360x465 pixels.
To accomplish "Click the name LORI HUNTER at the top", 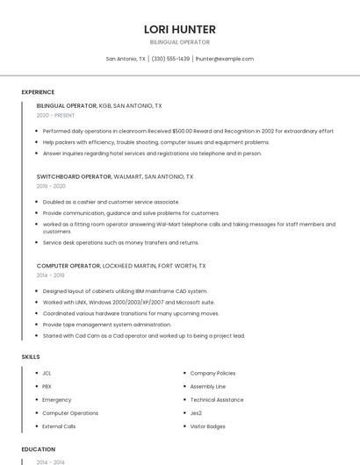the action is click(180, 29).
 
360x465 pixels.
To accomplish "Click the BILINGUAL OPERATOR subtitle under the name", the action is click(180, 41).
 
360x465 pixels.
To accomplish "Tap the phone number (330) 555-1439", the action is click(170, 59).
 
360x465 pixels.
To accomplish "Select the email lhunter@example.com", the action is click(225, 59).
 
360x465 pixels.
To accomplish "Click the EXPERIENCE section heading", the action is click(38, 92).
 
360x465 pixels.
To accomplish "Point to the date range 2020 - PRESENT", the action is click(55, 115).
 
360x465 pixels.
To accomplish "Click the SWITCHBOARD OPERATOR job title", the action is click(75, 176).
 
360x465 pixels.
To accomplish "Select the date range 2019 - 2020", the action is click(51, 186).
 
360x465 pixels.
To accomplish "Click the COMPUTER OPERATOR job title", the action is click(68, 265).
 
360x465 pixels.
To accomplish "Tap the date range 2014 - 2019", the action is click(51, 275).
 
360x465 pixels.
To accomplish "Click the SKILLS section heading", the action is click(30, 356).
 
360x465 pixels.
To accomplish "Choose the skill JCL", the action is click(47, 373).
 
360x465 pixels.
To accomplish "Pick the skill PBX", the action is click(47, 386).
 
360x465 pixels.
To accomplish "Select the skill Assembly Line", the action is click(208, 386).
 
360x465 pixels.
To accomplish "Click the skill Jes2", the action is click(196, 412).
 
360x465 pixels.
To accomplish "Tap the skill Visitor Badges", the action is click(208, 426).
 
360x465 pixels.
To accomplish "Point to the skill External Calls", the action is click(59, 426).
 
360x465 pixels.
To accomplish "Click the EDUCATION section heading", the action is click(38, 449).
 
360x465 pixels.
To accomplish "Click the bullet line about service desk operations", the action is click(120, 242).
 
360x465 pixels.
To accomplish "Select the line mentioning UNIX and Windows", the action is click(128, 302).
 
